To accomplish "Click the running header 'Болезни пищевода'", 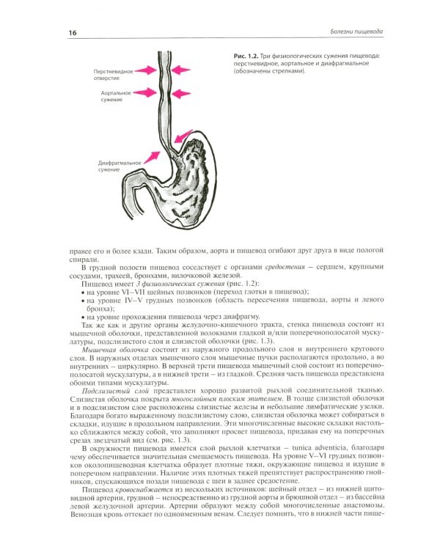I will pyautogui.click(x=348, y=32).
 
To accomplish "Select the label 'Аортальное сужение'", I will pyautogui.click(x=116, y=98).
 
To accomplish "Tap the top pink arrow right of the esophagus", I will pyautogui.click(x=187, y=70).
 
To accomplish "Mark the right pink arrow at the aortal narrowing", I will pyautogui.click(x=187, y=94).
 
